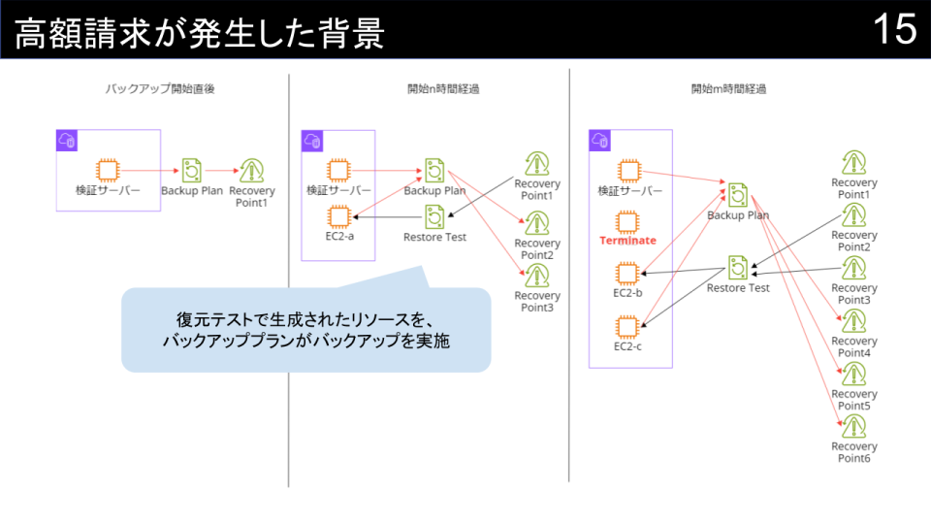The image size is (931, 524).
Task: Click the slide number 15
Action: pyautogui.click(x=894, y=30)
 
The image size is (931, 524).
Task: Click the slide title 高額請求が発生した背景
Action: pyautogui.click(x=200, y=34)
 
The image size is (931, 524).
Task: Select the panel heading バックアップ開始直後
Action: pyautogui.click(x=160, y=88)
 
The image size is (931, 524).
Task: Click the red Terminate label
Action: pyautogui.click(x=627, y=240)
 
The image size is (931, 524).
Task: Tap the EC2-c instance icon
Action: pyautogui.click(x=627, y=325)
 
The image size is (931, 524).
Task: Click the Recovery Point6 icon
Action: pyautogui.click(x=853, y=426)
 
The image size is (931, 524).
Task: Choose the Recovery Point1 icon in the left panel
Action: pyautogui.click(x=252, y=170)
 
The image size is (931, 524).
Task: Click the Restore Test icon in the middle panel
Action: pyautogui.click(x=434, y=216)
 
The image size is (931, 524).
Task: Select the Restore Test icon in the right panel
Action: pyautogui.click(x=738, y=267)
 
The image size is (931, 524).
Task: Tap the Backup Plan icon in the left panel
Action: pyautogui.click(x=192, y=170)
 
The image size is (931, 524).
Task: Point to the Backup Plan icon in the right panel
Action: pyautogui.click(x=738, y=193)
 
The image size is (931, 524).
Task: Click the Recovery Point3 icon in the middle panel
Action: pyautogui.click(x=536, y=275)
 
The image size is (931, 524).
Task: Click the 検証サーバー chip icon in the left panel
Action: pyautogui.click(x=107, y=170)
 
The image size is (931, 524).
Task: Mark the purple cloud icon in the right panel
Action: pyautogui.click(x=600, y=142)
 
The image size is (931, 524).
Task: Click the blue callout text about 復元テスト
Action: pyautogui.click(x=306, y=330)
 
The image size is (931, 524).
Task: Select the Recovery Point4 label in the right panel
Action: pyautogui.click(x=853, y=346)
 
